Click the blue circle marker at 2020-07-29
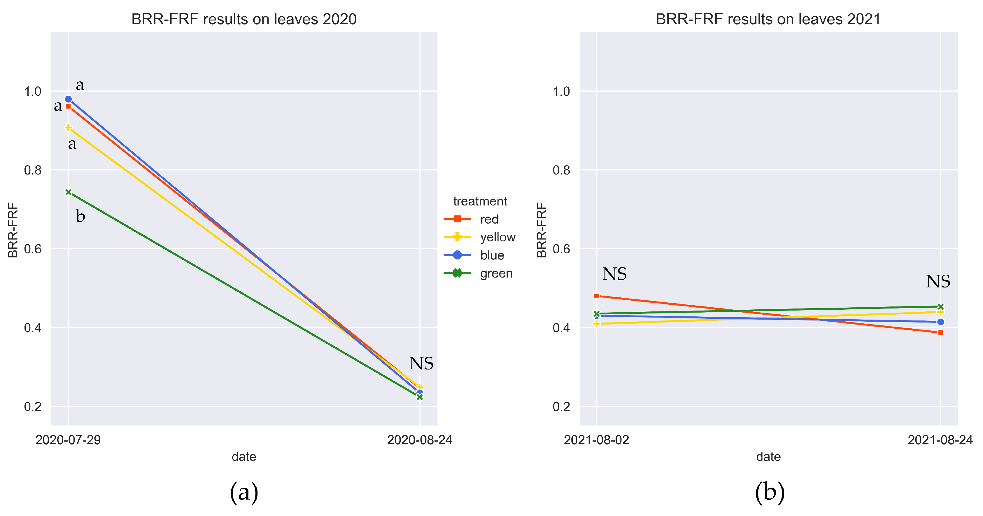[x=68, y=99]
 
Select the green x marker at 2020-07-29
[x=68, y=192]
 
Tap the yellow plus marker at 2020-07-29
[x=68, y=128]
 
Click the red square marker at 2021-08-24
[x=940, y=333]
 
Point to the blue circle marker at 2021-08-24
[x=940, y=322]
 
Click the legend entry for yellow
[x=497, y=237]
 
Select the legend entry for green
[x=496, y=273]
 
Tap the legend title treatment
[x=480, y=201]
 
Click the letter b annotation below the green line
[x=80, y=217]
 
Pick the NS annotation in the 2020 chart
[x=421, y=363]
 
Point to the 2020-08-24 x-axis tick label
[x=419, y=440]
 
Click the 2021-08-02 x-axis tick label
[x=596, y=440]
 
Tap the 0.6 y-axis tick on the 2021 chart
[x=561, y=249]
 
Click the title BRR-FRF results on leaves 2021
[x=768, y=19]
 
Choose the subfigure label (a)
[x=244, y=492]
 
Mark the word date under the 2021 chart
[x=768, y=457]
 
